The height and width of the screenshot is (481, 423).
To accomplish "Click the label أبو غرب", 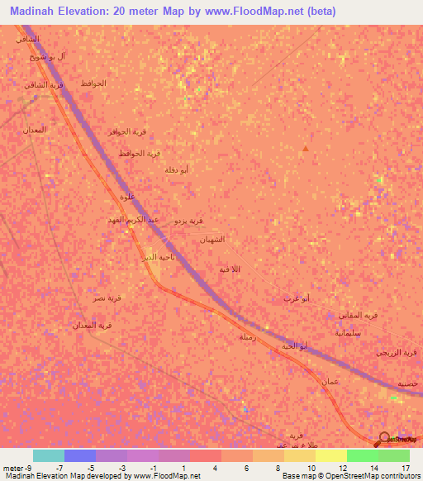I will [x=297, y=297].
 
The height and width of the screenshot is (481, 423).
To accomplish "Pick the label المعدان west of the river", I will [x=34, y=130].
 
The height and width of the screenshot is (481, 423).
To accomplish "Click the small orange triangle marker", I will [x=306, y=149].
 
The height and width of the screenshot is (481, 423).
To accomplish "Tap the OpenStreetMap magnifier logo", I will [x=385, y=439].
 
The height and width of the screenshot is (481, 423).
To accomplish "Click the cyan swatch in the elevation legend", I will [x=49, y=455].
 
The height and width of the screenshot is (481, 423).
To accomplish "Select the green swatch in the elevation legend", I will [x=362, y=455].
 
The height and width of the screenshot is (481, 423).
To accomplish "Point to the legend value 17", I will [x=406, y=467].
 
